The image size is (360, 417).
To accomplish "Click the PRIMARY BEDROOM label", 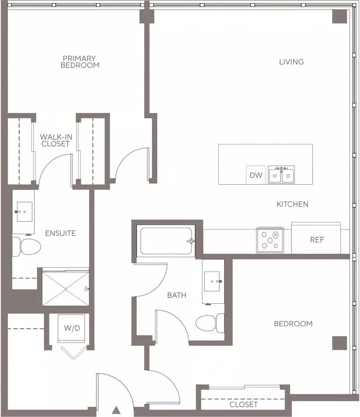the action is click(x=80, y=62).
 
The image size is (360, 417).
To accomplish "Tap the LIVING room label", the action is click(x=291, y=62).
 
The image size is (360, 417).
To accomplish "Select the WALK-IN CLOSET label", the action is click(x=56, y=140).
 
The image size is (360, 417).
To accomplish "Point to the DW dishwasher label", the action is click(x=256, y=175).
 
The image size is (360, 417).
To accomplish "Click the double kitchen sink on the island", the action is click(x=281, y=175).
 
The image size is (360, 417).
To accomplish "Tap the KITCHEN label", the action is click(x=292, y=204).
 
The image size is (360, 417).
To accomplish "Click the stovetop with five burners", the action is click(x=270, y=240).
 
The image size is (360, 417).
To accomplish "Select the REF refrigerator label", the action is click(x=317, y=240).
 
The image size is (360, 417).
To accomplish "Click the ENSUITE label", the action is click(x=60, y=233).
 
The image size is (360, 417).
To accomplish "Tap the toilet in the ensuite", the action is click(x=26, y=247).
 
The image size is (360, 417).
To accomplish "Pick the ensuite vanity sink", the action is click(x=24, y=212).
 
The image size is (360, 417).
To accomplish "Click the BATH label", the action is click(x=177, y=295).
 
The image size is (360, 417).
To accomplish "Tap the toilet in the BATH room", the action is click(x=210, y=323).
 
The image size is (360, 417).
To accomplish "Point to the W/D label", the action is click(x=72, y=328).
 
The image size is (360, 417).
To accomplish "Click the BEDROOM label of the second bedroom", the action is click(x=293, y=324).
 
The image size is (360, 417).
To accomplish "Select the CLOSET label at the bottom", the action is click(x=244, y=404).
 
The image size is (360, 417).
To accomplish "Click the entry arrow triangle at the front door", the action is click(x=116, y=410).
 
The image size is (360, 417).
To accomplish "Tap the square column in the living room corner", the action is click(x=340, y=17).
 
